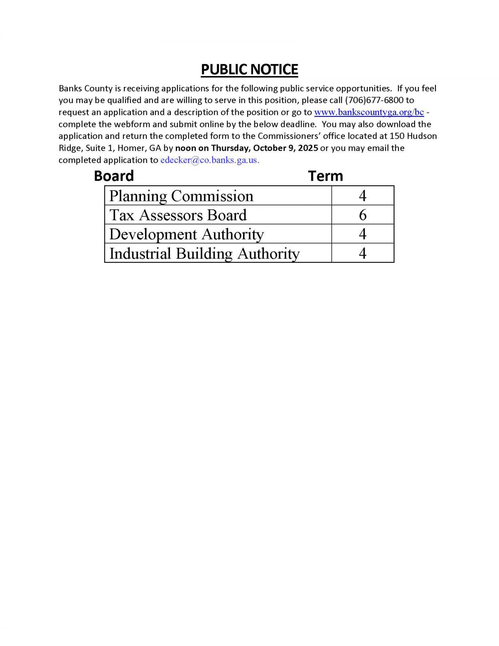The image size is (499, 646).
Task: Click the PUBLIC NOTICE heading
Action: tap(249, 69)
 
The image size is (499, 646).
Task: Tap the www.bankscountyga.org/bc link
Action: tap(369, 112)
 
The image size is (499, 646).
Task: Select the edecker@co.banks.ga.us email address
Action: tap(210, 160)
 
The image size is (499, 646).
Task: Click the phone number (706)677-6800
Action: tap(374, 100)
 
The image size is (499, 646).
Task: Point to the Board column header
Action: tap(114, 176)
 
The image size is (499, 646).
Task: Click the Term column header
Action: tap(326, 176)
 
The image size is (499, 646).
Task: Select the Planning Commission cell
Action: tap(181, 196)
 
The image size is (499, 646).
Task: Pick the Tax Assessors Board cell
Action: tap(178, 215)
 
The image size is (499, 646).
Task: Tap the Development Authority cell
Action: tap(186, 234)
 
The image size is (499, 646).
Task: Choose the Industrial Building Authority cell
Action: tap(204, 253)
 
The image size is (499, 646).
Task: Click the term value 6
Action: tap(363, 215)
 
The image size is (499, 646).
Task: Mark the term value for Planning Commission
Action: tap(363, 196)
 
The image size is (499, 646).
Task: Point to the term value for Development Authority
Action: tap(363, 234)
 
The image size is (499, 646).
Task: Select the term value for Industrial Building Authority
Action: tap(363, 253)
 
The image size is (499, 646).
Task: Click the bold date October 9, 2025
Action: tap(285, 148)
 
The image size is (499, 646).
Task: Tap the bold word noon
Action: tap(185, 148)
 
